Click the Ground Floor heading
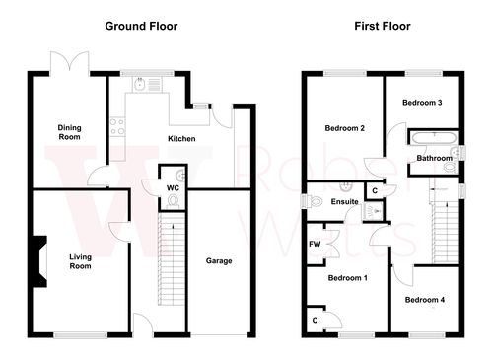coord(142,25)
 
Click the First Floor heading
coord(383,25)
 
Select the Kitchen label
coord(181,139)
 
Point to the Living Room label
coord(80,261)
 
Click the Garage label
coord(218,261)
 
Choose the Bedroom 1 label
coord(347,278)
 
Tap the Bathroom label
coord(434,158)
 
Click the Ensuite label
coord(344,202)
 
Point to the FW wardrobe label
coord(315,244)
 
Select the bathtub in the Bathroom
coord(432,138)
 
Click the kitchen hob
coord(116,126)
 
